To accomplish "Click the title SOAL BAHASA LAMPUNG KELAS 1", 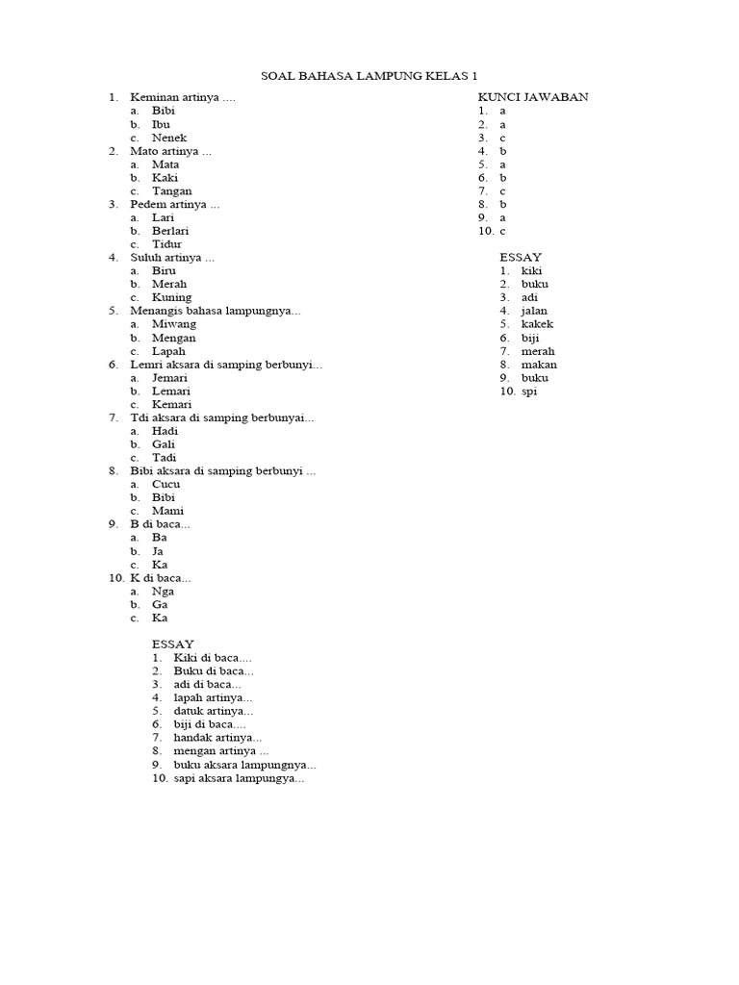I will pyautogui.click(x=369, y=76).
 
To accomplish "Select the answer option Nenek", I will pyautogui.click(x=168, y=138).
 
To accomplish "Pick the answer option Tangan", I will pyautogui.click(x=171, y=190).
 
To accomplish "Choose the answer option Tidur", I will pyautogui.click(x=166, y=244).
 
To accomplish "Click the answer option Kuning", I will pyautogui.click(x=171, y=297).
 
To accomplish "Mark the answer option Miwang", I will pyautogui.click(x=173, y=324).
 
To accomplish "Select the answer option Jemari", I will pyautogui.click(x=169, y=378).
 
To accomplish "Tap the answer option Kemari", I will pyautogui.click(x=171, y=404).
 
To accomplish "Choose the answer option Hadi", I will pyautogui.click(x=166, y=431).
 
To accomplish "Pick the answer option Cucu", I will pyautogui.click(x=166, y=485).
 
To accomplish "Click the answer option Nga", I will pyautogui.click(x=163, y=592).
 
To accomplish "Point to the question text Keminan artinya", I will pyautogui.click(x=183, y=97).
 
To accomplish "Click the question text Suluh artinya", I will pyautogui.click(x=172, y=258).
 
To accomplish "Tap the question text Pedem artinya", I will pyautogui.click(x=175, y=204).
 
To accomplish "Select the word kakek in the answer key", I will pyautogui.click(x=537, y=324).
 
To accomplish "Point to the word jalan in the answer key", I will pyautogui.click(x=534, y=311).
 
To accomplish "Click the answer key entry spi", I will pyautogui.click(x=528, y=391).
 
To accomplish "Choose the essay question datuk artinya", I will pyautogui.click(x=214, y=711).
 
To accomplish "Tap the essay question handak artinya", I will pyautogui.click(x=217, y=737).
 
